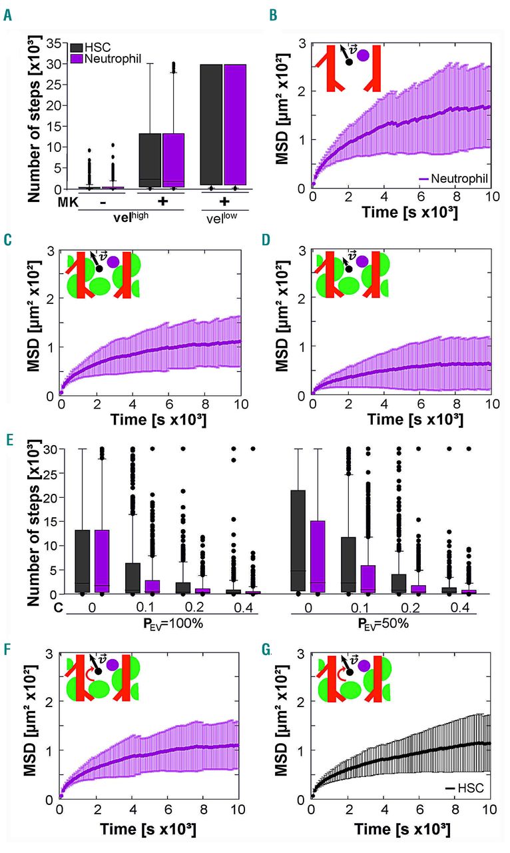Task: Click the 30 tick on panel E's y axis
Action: coord(51,448)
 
